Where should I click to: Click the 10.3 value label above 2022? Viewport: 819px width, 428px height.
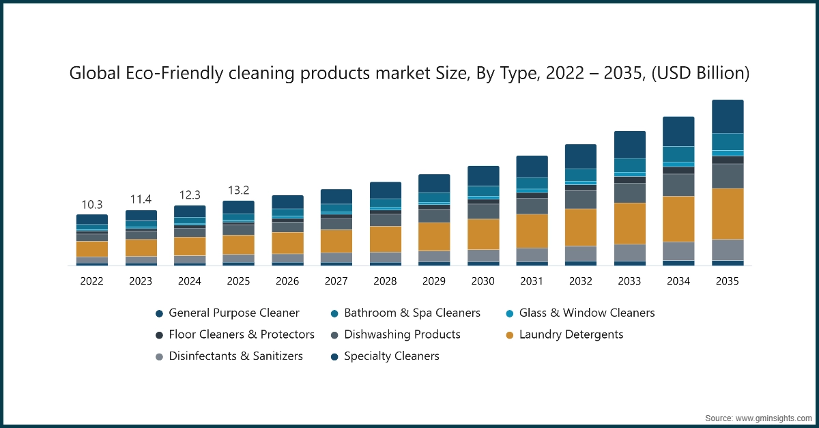pos(92,204)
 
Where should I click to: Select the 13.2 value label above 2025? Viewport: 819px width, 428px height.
pos(238,190)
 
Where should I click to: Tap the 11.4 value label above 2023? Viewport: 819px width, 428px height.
pos(141,199)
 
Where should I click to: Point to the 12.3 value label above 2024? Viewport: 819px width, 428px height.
pos(190,195)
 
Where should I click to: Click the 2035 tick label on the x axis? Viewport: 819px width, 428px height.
pos(728,281)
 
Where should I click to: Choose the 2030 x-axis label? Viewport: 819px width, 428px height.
pos(483,281)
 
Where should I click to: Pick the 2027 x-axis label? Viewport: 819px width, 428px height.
pos(336,281)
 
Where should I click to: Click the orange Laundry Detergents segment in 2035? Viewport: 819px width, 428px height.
pos(728,214)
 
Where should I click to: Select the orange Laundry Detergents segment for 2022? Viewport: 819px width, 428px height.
pos(92,249)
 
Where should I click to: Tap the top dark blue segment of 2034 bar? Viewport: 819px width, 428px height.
pos(678,131)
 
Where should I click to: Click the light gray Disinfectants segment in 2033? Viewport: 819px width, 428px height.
pos(629,253)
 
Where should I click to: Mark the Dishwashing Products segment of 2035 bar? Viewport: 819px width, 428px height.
pos(728,176)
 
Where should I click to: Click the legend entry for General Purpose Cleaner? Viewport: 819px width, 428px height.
pos(233,313)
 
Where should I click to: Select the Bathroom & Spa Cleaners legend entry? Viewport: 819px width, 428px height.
pos(412,313)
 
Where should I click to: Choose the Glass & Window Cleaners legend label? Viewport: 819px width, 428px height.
pos(586,313)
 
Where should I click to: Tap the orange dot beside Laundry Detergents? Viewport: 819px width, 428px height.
pos(510,335)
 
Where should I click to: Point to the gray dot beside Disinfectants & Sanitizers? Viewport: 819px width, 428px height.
pos(159,356)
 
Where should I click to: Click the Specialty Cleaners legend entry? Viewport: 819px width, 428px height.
pos(391,356)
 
